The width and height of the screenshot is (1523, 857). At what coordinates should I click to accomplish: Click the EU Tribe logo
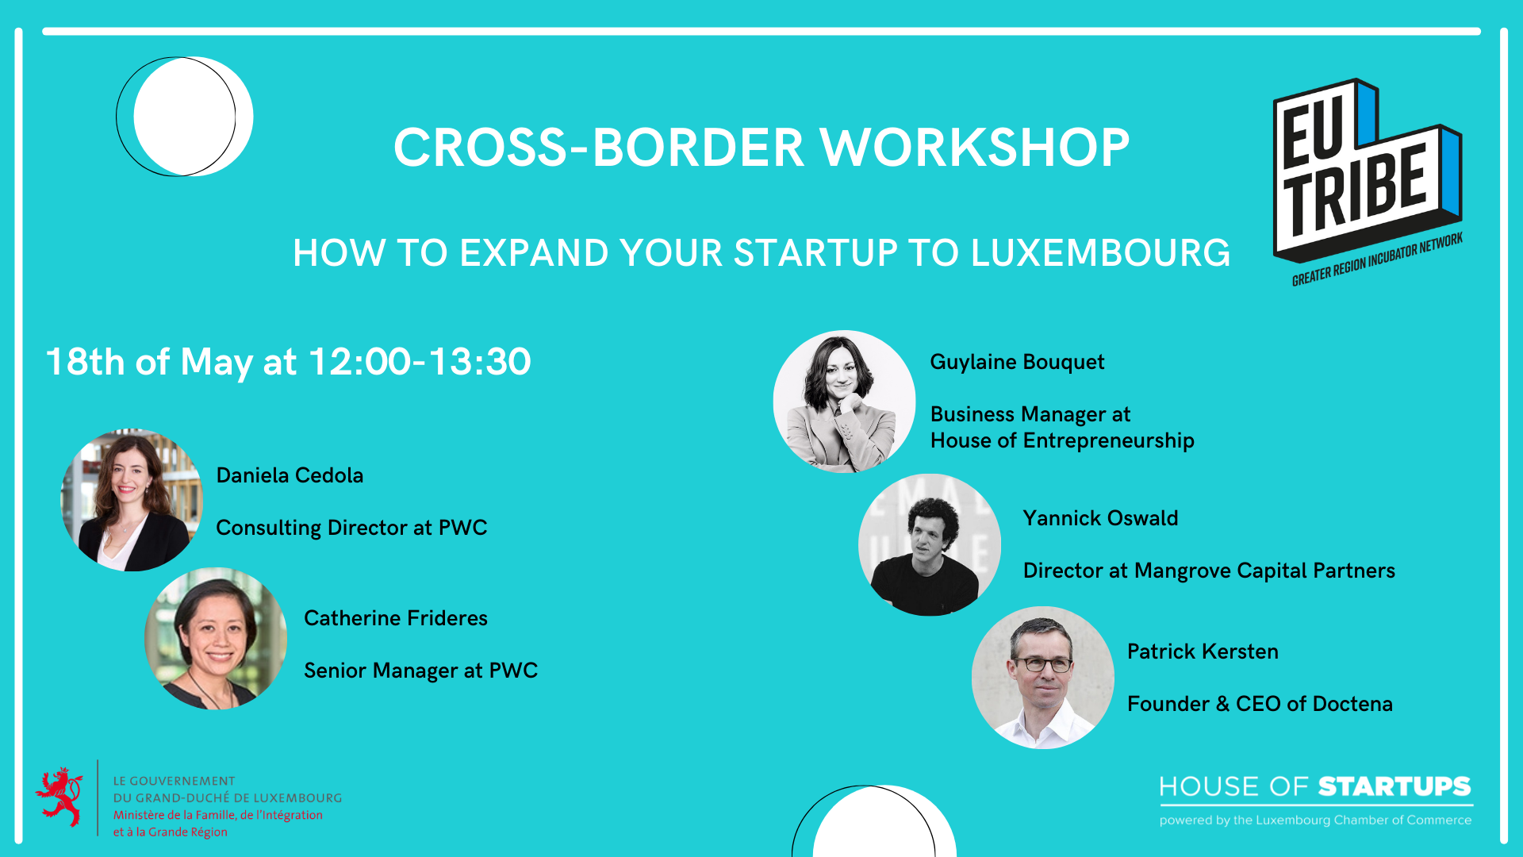1368,182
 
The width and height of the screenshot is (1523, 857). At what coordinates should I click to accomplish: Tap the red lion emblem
59,797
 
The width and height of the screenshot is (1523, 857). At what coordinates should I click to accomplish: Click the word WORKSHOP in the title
975,148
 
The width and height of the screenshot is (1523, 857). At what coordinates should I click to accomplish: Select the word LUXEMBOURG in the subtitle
1101,253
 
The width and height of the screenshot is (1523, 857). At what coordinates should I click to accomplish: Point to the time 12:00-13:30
420,362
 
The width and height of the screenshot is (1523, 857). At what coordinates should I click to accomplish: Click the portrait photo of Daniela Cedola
132,500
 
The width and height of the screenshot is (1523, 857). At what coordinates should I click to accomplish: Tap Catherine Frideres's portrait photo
216,638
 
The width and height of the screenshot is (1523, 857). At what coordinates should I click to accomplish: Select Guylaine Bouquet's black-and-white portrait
844,402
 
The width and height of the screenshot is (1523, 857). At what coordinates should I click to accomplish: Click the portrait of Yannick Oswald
930,544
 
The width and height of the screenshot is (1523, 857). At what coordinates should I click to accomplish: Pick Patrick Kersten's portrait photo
1043,678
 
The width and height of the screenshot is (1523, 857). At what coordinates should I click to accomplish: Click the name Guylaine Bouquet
1017,362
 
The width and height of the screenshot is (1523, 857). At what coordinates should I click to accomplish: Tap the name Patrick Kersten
1203,651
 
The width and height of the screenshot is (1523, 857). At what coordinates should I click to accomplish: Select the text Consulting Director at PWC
351,528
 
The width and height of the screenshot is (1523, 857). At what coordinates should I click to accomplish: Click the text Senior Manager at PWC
420,671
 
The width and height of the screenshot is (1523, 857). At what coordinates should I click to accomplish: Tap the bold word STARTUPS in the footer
1394,786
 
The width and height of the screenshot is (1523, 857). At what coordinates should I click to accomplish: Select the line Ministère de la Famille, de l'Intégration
218,815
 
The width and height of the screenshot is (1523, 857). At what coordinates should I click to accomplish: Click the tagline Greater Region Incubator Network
1378,259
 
